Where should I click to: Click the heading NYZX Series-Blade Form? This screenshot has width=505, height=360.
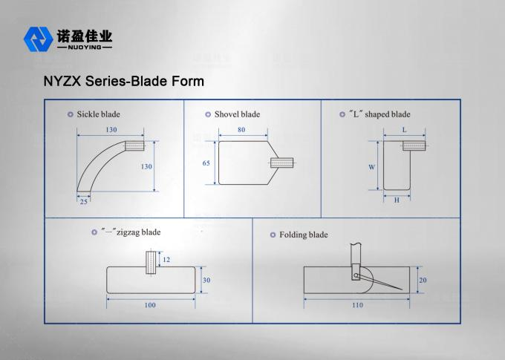[x=123, y=80]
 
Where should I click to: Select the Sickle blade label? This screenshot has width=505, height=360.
[x=98, y=114]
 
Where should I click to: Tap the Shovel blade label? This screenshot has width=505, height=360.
[x=237, y=114]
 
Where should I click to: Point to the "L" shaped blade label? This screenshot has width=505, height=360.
[x=379, y=114]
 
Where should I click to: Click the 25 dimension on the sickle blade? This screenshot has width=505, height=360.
[x=84, y=201]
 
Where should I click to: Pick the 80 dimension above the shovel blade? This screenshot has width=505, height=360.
[x=242, y=130]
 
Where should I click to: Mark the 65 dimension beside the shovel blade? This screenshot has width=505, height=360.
[x=206, y=162]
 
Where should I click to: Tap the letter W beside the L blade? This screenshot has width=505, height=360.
[x=372, y=167]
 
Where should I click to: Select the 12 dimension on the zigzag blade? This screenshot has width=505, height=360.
[x=166, y=260]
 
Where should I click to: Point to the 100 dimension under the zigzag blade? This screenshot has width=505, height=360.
[x=150, y=305]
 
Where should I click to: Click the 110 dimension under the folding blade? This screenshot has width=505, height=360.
[x=356, y=305]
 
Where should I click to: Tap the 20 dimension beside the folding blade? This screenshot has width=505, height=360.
[x=423, y=280]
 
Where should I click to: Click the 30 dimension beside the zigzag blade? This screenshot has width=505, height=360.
[x=206, y=280]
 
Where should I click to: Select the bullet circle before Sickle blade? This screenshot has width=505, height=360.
[x=70, y=114]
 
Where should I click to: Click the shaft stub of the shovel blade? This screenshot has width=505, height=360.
[x=284, y=162]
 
